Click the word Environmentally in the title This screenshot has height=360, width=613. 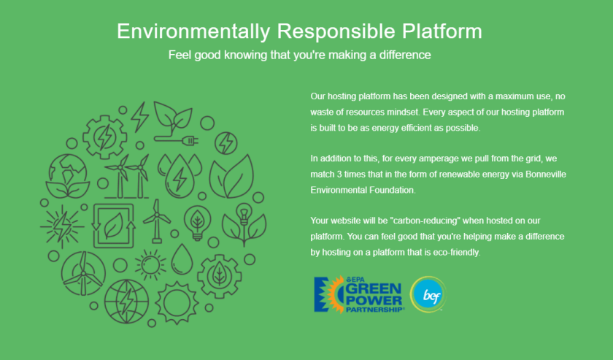pos(193,31)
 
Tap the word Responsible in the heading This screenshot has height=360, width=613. pos(336,31)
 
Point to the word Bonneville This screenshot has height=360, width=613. pos(546,174)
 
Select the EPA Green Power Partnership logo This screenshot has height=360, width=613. pos(358,294)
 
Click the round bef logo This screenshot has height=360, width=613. pos(428,294)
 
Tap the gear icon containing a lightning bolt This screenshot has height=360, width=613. pos(105,137)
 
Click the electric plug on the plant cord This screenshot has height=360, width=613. pos(190,139)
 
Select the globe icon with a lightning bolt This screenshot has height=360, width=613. pos(126,302)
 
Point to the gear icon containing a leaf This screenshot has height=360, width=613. pos(220,276)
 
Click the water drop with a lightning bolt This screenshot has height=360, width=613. pos(180,177)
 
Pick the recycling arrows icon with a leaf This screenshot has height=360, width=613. pos(114,226)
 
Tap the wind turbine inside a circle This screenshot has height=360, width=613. pos(83,273)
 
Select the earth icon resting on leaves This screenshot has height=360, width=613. pos(68,176)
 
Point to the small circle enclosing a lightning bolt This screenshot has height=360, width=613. pos(226,143)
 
